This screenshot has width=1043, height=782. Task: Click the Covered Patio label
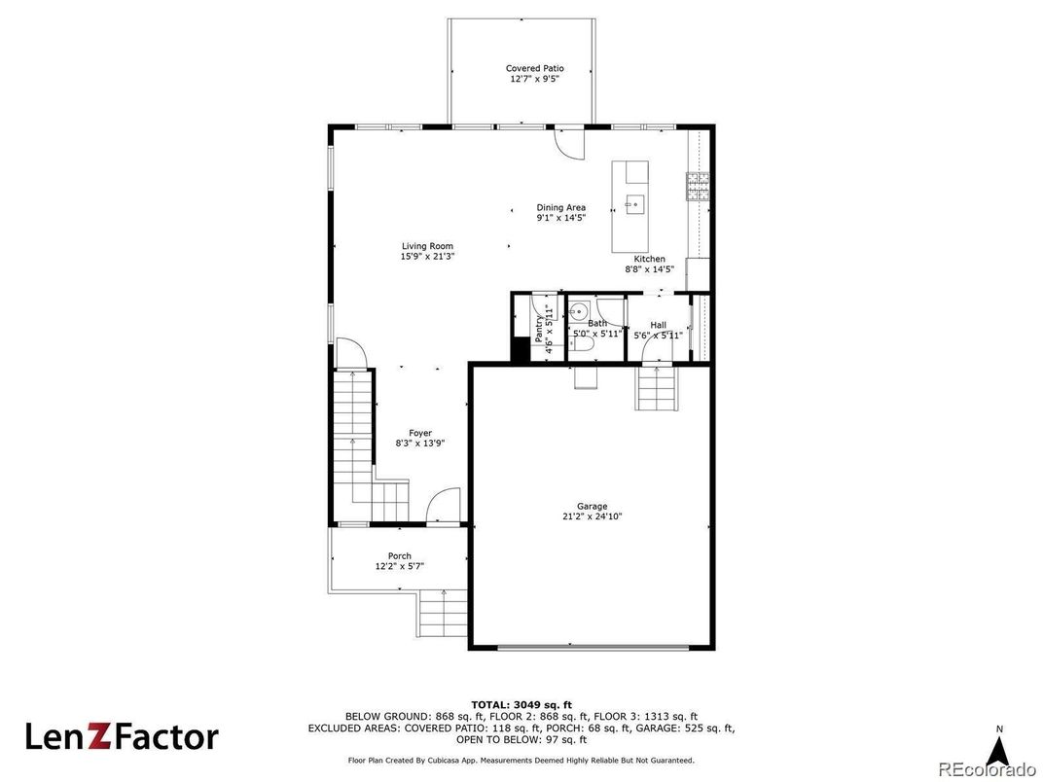coord(535,68)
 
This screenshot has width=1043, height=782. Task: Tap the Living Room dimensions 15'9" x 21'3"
coord(427,256)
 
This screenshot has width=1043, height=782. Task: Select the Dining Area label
coord(561,207)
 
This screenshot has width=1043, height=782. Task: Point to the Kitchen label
coord(649,259)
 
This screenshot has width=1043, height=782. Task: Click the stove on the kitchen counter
coord(697,186)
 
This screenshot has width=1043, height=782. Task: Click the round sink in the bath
coord(579,310)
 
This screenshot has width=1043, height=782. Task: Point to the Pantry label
coord(538,329)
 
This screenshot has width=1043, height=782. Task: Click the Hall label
coord(659,325)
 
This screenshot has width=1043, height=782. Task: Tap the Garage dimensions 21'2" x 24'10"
coord(592,516)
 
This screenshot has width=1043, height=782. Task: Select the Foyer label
coord(420,433)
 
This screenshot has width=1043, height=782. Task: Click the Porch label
coord(400,556)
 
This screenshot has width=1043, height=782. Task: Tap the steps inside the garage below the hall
coord(658,388)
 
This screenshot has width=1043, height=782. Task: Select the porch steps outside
coord(443,613)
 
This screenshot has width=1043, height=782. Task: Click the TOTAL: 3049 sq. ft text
coord(521,705)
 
